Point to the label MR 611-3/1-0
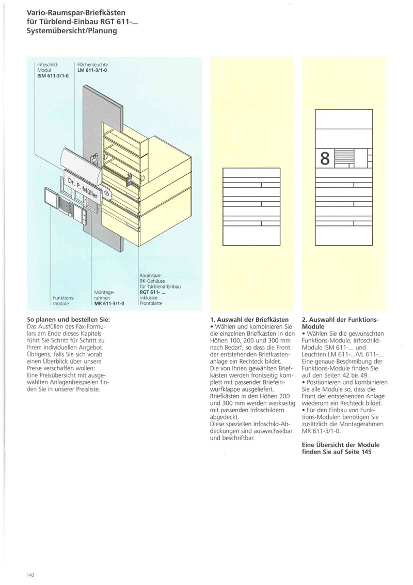[108, 303]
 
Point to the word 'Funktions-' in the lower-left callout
[64, 297]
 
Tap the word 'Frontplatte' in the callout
[151, 304]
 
